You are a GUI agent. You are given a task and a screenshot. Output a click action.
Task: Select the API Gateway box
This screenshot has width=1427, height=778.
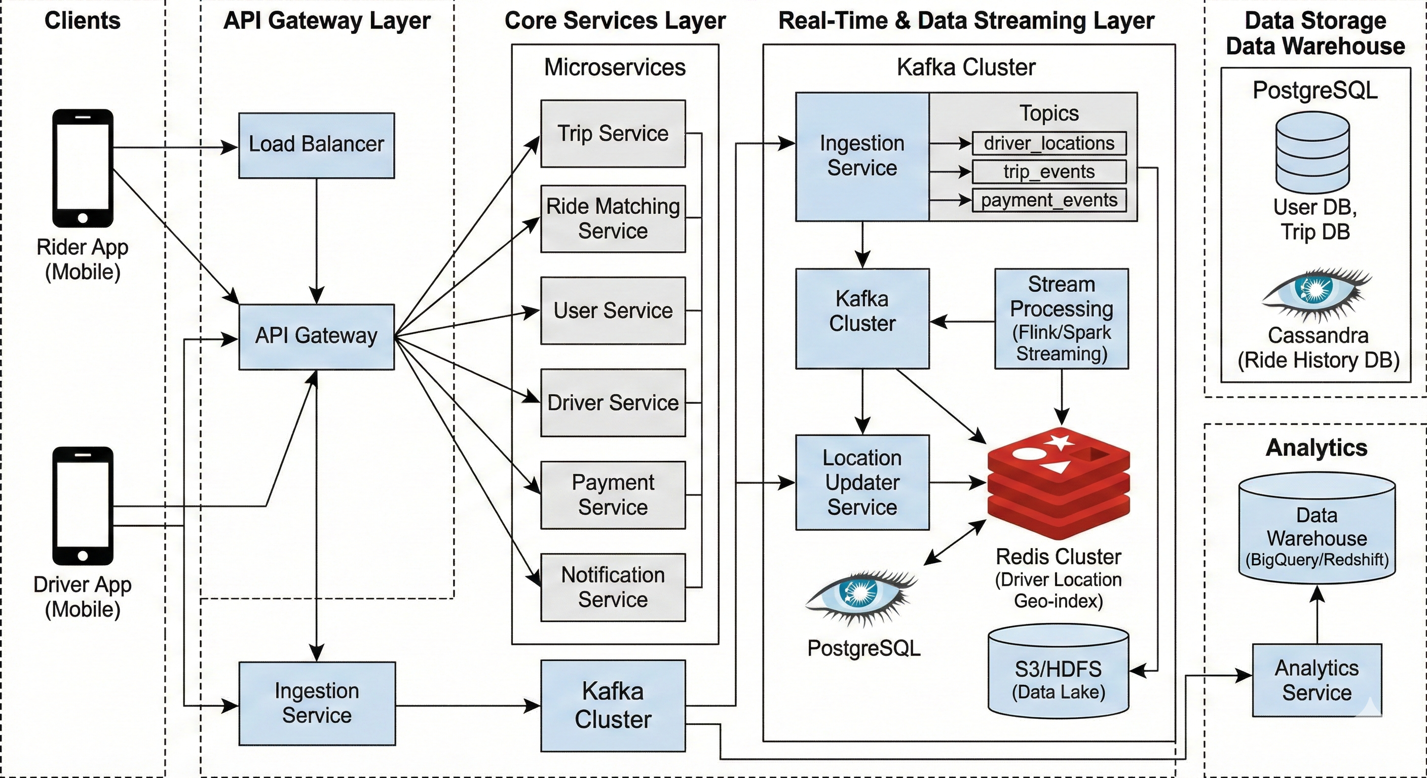coord(316,337)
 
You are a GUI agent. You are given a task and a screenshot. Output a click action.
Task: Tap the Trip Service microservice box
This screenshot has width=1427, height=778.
coord(613,133)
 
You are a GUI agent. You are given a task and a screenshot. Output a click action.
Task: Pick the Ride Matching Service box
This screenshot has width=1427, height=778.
coord(613,219)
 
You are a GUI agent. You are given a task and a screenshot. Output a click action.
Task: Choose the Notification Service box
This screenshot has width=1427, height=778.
coord(613,587)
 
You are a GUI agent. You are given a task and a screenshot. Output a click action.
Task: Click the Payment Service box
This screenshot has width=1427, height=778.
coord(613,495)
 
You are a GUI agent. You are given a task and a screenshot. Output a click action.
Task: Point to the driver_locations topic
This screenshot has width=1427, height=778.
coord(1048,143)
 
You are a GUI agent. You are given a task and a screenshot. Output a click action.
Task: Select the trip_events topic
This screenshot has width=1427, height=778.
coord(1048,172)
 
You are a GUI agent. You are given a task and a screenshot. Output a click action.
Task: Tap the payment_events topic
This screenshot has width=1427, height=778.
coord(1048,200)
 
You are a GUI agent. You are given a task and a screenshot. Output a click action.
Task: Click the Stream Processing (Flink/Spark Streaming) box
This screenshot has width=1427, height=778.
coord(1062,319)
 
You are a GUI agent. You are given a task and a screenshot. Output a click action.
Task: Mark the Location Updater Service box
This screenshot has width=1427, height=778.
coord(862,482)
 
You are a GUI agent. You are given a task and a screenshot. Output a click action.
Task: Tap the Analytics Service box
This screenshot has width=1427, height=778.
coord(1316,680)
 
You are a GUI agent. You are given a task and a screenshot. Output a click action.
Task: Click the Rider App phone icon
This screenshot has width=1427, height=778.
coord(83,168)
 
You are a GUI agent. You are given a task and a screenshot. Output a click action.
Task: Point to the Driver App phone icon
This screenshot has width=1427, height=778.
coord(83,505)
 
